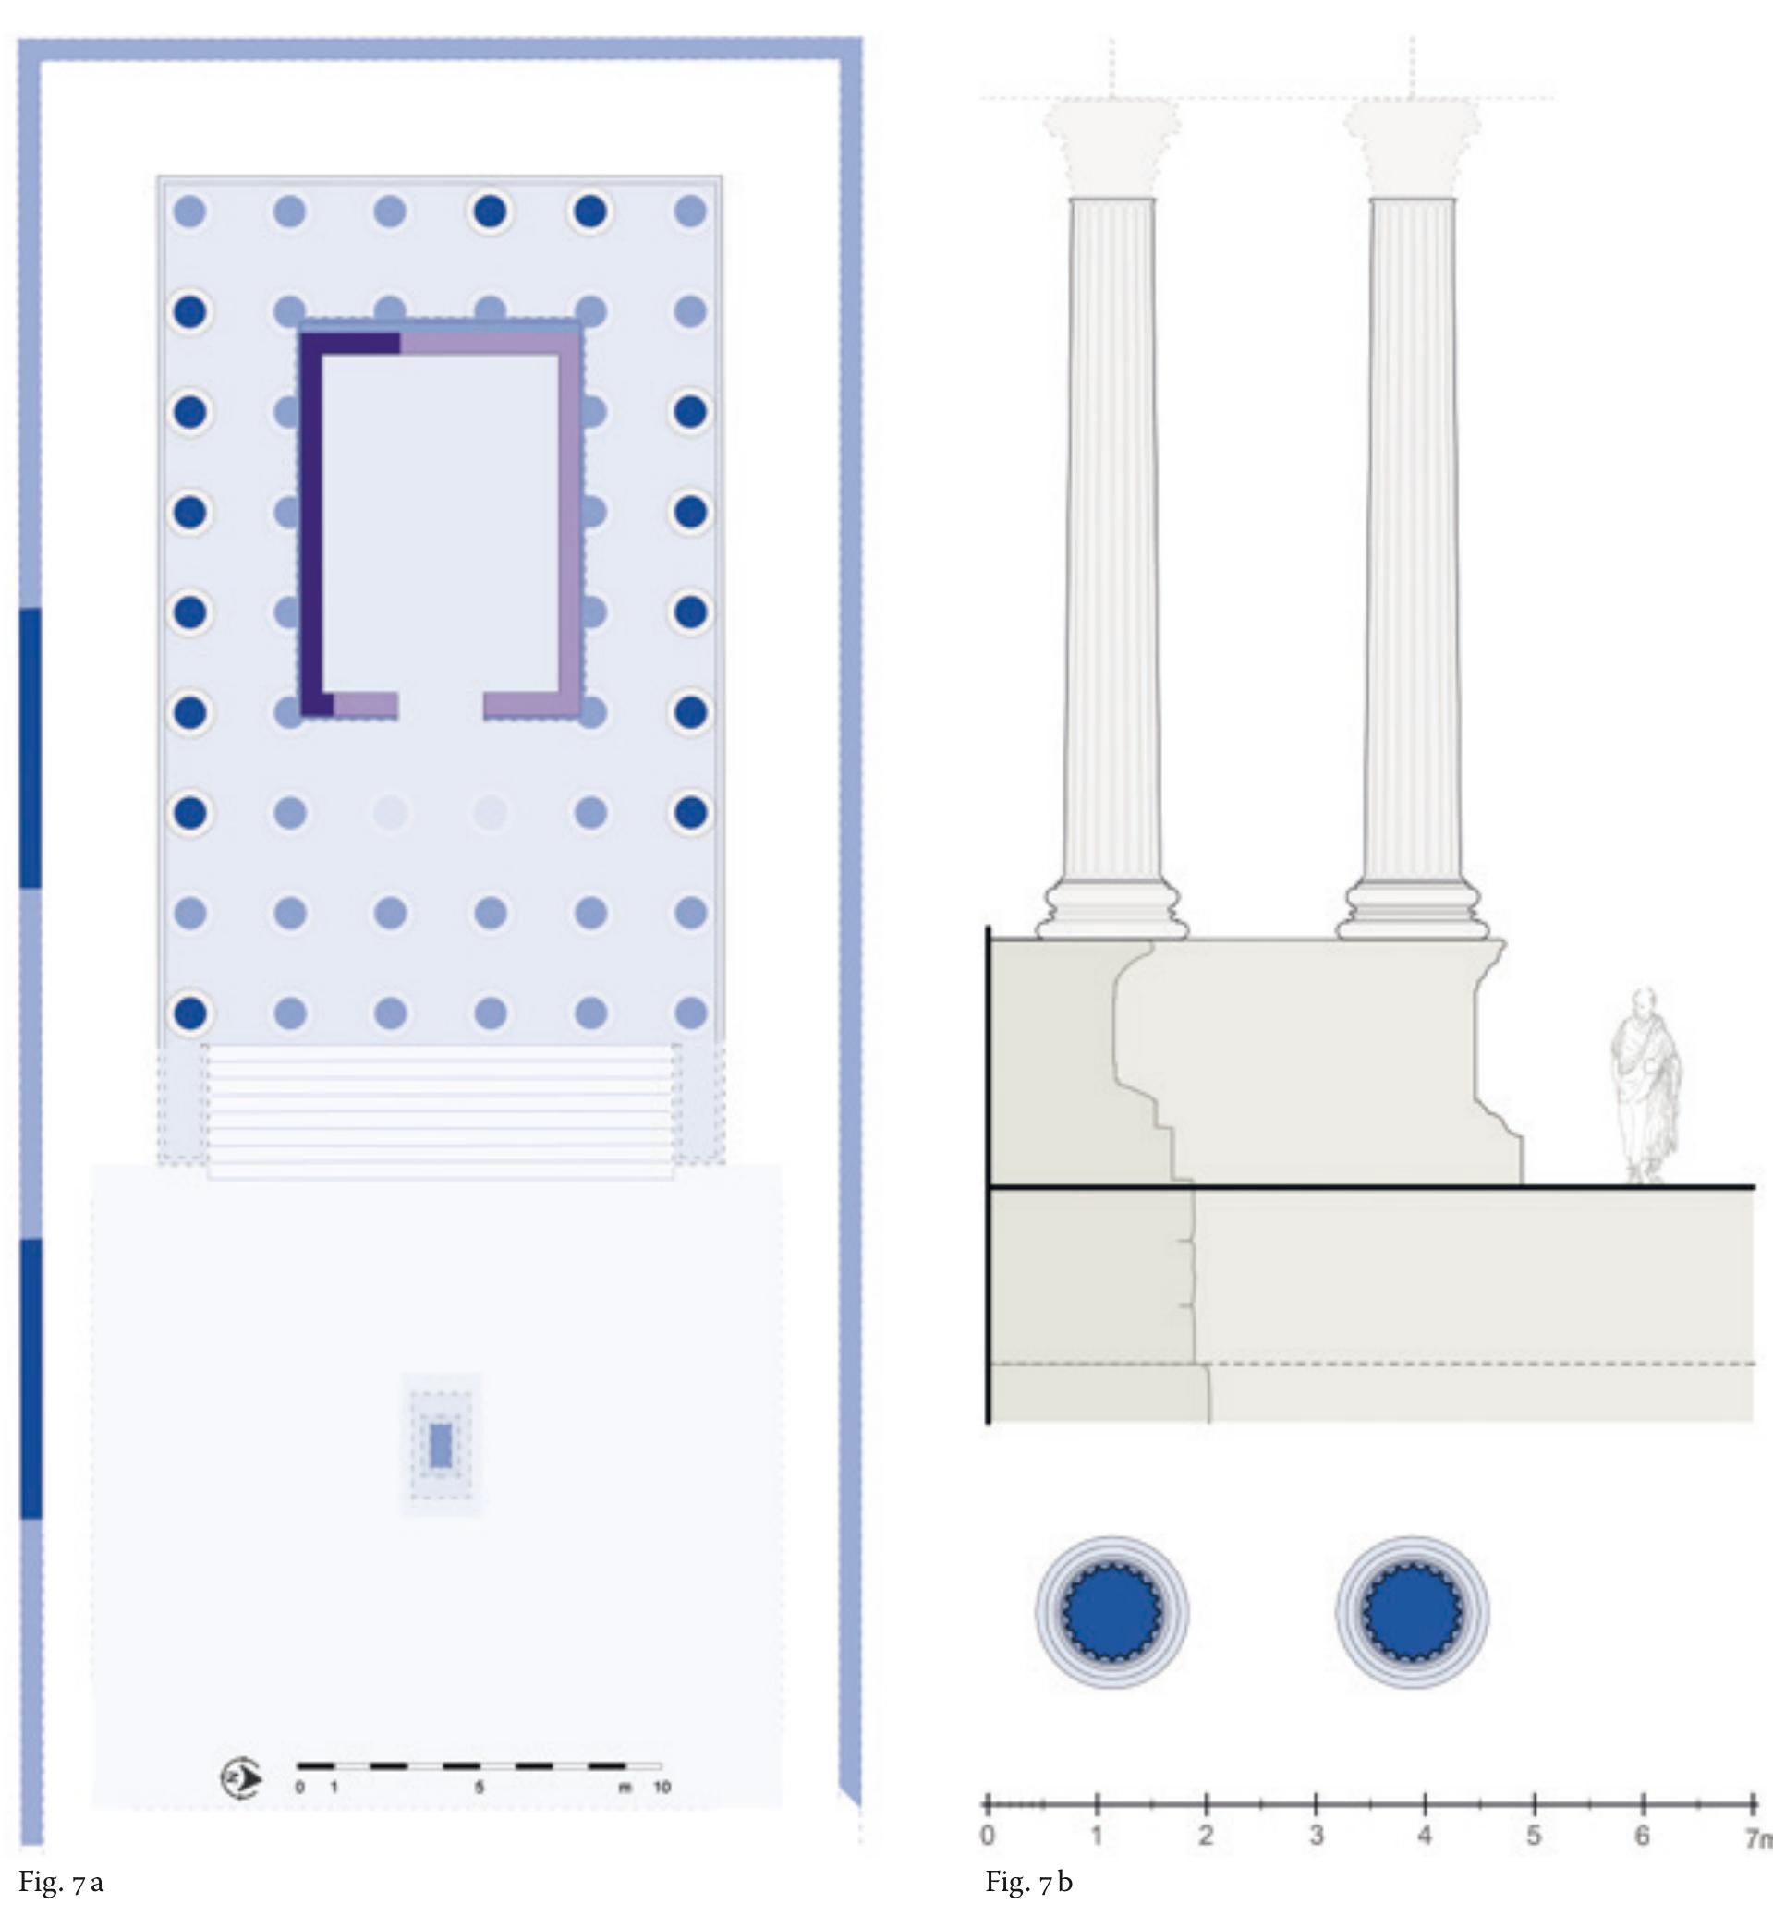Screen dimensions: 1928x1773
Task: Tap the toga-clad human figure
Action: click(1645, 1085)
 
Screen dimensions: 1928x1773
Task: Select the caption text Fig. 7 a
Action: click(60, 1883)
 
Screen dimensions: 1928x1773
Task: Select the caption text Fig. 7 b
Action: click(1028, 1883)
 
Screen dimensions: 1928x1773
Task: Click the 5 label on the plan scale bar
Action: click(479, 1787)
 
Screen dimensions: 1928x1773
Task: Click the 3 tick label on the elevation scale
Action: click(1317, 1835)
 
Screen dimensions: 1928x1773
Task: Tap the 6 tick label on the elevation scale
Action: click(1643, 1835)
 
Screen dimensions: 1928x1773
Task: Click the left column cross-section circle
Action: click(1112, 1612)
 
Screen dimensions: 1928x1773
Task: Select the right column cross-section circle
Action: click(1413, 1612)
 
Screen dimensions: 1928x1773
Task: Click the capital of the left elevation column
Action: click(1112, 149)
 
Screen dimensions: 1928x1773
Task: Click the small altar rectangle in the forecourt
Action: click(441, 1446)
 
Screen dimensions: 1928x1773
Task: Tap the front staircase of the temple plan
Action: click(441, 1110)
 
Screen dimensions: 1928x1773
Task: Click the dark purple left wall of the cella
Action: click(310, 518)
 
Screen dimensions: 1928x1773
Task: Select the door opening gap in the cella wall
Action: click(441, 705)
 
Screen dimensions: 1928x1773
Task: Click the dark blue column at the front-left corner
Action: click(190, 1012)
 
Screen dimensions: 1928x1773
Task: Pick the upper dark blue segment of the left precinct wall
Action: click(30, 747)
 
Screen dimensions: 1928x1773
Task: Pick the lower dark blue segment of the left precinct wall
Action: click(30, 1378)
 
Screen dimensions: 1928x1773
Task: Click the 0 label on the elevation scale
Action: click(989, 1835)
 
